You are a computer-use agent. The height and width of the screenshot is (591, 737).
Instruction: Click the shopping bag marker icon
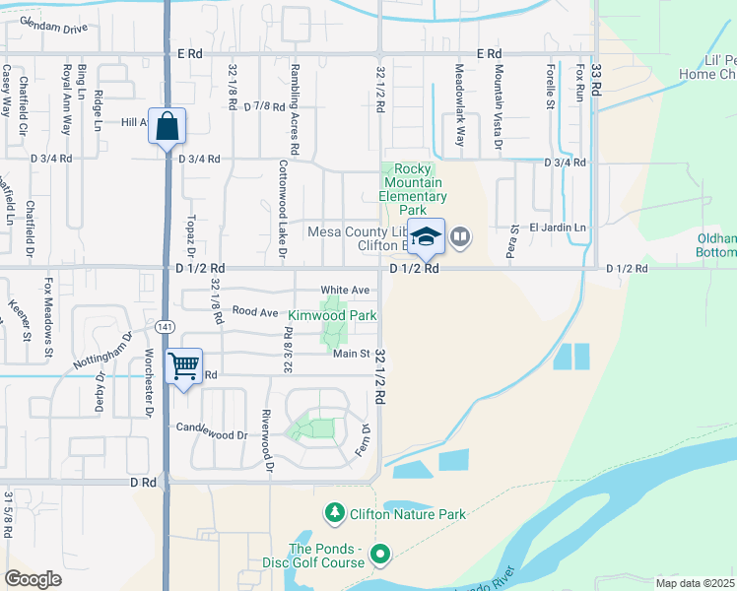pyautogui.click(x=167, y=125)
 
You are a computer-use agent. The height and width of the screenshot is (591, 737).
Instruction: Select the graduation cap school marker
pyautogui.click(x=427, y=237)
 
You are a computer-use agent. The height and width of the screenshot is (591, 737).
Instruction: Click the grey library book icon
pyautogui.click(x=460, y=236)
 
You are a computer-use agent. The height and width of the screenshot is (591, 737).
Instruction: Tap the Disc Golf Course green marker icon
pyautogui.click(x=381, y=557)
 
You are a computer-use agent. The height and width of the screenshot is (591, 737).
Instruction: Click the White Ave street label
pyautogui.click(x=344, y=291)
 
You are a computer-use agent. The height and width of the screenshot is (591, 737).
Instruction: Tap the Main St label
pyautogui.click(x=351, y=354)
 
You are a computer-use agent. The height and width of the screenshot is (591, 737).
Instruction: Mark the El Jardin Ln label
pyautogui.click(x=558, y=228)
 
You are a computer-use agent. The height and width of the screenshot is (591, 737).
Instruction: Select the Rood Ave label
pyautogui.click(x=254, y=311)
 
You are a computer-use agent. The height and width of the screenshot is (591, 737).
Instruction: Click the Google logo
pyautogui.click(x=33, y=579)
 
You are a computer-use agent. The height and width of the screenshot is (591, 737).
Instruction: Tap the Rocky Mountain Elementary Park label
pyautogui.click(x=414, y=190)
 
